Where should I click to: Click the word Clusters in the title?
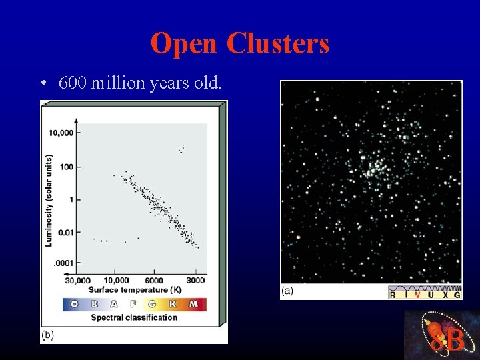(x=277, y=44)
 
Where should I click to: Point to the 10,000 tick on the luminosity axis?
(x=60, y=133)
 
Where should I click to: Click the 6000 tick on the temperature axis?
(x=153, y=281)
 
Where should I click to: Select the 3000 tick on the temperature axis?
(x=195, y=281)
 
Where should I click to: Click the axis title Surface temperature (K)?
(x=135, y=290)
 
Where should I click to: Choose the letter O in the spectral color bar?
(x=74, y=304)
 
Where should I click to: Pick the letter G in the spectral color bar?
(x=153, y=304)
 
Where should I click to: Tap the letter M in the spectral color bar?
(x=193, y=304)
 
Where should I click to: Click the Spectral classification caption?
(x=134, y=317)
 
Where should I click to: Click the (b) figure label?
(x=47, y=335)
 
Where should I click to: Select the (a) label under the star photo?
(x=287, y=291)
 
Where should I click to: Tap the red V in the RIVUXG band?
(x=417, y=294)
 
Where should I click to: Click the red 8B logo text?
(x=447, y=340)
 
